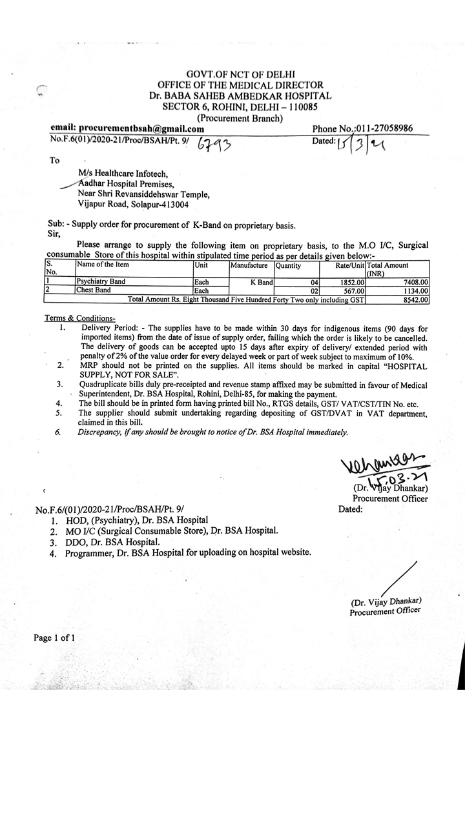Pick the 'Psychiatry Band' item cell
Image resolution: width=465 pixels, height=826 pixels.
coord(101,282)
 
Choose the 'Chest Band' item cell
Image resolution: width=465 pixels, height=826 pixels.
coord(93,290)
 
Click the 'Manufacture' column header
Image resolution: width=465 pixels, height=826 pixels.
coord(249,266)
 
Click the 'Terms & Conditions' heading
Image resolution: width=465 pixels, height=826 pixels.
coord(79,318)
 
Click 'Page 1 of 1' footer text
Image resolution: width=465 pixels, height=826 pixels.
coord(55,638)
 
